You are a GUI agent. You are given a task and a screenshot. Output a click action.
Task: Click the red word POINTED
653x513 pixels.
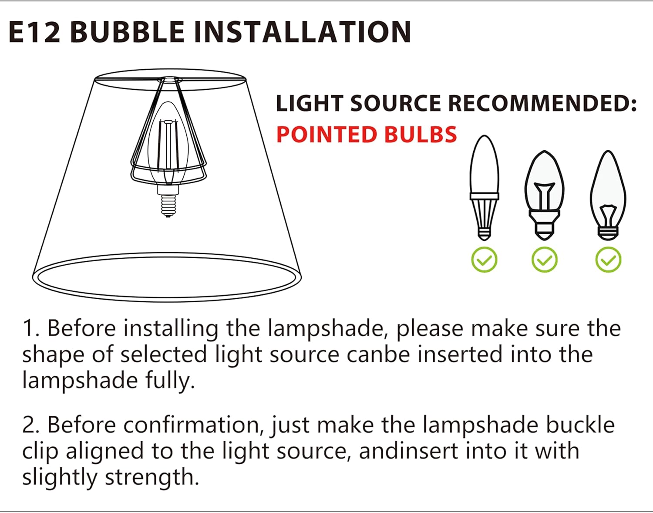(x=326, y=134)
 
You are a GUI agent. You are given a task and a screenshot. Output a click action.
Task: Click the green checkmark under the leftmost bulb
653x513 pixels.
(x=484, y=260)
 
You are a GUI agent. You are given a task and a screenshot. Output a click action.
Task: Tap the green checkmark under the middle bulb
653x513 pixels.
(x=544, y=260)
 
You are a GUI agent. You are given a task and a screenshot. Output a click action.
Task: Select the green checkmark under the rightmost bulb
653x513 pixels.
(x=608, y=260)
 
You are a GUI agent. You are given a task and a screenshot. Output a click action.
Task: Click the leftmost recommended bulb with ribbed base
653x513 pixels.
(x=484, y=188)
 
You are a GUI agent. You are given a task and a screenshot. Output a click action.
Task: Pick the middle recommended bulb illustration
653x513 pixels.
(x=544, y=196)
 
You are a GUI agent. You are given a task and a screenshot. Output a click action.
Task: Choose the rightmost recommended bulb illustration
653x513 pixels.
(x=608, y=196)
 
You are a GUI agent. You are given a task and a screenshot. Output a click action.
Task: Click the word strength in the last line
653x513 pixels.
(x=152, y=478)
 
